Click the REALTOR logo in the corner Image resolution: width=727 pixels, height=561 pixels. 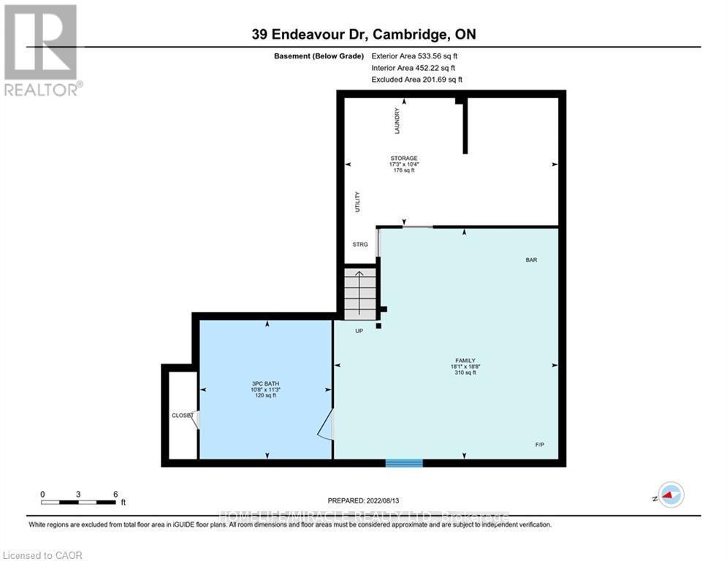tap(42, 50)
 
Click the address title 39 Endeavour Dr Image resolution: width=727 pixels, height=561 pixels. tap(362, 34)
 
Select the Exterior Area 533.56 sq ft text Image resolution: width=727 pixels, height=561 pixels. tap(414, 56)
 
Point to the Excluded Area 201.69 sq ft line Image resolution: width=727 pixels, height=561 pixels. tap(416, 80)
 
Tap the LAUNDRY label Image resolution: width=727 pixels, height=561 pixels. tap(397, 121)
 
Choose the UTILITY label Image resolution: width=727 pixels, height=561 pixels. tap(357, 202)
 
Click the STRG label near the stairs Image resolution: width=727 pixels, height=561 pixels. tap(360, 245)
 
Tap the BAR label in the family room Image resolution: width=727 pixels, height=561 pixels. tap(531, 260)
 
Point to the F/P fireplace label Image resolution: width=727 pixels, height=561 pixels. tap(539, 445)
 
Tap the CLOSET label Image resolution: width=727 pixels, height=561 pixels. tap(181, 415)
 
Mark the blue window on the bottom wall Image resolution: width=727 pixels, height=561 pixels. tap(404, 462)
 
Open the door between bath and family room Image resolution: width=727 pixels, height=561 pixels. tap(326, 424)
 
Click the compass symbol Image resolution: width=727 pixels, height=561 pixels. tap(670, 495)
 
